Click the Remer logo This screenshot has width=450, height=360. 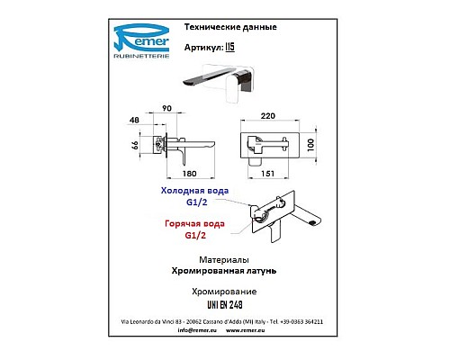coord(141,40)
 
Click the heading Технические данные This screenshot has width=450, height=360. coord(230,27)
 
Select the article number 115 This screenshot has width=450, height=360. coord(229,47)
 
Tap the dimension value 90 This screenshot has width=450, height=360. coord(166,108)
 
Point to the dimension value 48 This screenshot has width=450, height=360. coord(134,120)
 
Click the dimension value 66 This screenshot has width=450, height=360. coord(135,146)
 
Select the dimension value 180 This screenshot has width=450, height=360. coord(190,174)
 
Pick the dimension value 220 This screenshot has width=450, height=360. coord(268,116)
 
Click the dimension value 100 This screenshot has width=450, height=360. coord(310,145)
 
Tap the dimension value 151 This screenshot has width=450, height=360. coord(267,174)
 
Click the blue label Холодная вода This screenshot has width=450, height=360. coord(194,191)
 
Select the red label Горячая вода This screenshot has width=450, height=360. coord(194,224)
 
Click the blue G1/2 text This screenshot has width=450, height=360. coord(196,202)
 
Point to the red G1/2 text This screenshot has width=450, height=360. coord(195,236)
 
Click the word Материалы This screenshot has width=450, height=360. coord(224,260)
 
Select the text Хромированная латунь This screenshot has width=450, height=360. coord(224,271)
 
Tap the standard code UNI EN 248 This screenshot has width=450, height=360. coord(225,305)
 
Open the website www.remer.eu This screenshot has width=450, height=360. coord(246,330)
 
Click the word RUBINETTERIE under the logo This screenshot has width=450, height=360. coord(141,56)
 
